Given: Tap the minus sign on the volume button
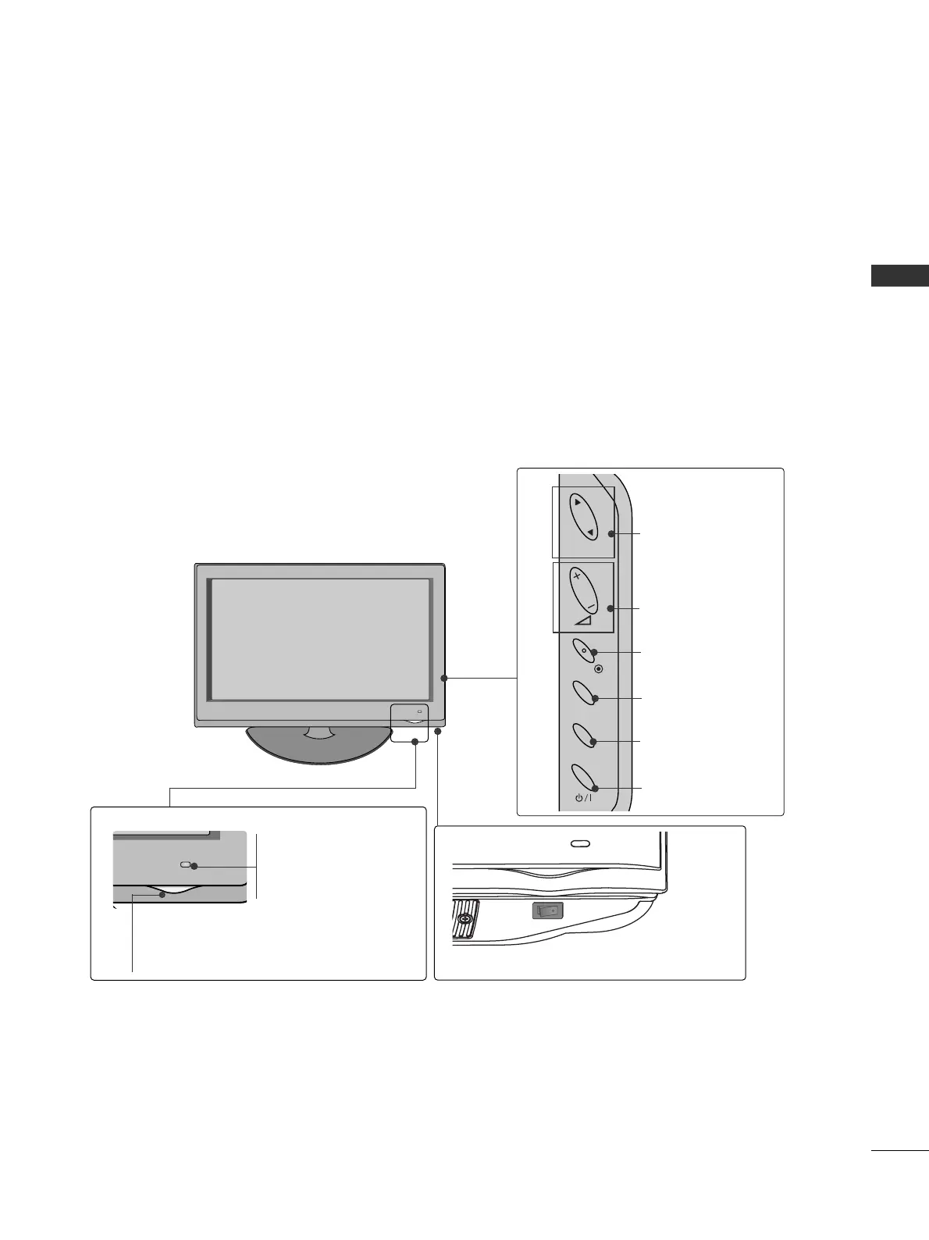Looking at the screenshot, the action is pyautogui.click(x=591, y=606).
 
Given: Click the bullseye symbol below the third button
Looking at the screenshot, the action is pyautogui.click(x=599, y=669).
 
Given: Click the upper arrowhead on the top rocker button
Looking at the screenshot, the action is pyautogui.click(x=576, y=504).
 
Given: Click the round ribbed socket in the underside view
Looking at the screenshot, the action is pyautogui.click(x=464, y=918).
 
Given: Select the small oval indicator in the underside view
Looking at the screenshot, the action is pyautogui.click(x=580, y=844).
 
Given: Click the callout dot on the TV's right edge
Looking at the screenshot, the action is pyautogui.click(x=443, y=679).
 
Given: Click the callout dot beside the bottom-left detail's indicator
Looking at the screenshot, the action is pyautogui.click(x=194, y=866).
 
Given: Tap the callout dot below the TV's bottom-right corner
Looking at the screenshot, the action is pyautogui.click(x=438, y=732).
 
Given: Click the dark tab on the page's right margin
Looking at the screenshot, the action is pyautogui.click(x=900, y=276).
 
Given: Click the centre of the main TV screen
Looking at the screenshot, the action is pyautogui.click(x=320, y=639).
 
